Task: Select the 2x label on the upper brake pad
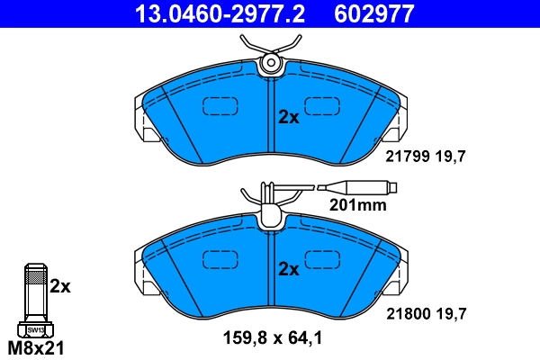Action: tap(288, 117)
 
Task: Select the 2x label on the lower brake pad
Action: tap(288, 269)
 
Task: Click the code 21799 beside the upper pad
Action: tap(404, 156)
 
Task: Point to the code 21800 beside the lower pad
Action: tap(404, 314)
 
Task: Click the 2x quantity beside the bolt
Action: tap(59, 287)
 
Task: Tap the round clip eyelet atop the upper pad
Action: tap(270, 63)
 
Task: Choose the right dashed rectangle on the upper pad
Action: tap(322, 106)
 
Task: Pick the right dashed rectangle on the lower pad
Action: tap(322, 258)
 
